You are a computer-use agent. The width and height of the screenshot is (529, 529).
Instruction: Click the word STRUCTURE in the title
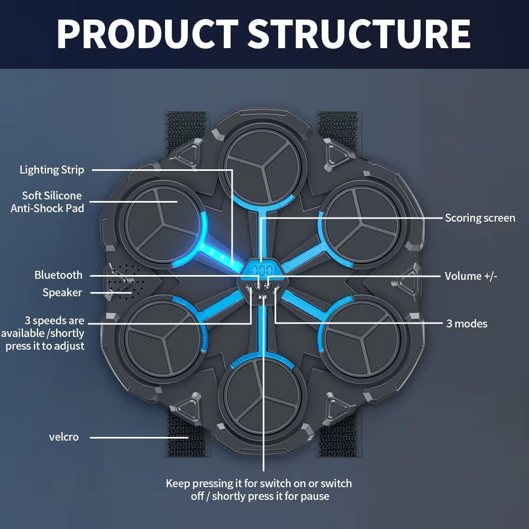(359, 34)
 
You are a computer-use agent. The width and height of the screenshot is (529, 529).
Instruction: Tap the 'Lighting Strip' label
(52, 170)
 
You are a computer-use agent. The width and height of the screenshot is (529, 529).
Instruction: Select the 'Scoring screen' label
(480, 218)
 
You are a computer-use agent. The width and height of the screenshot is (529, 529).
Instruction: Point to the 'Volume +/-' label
(471, 276)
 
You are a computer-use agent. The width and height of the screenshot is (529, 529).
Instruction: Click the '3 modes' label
(467, 324)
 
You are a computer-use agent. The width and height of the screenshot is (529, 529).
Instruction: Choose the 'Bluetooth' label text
(58, 275)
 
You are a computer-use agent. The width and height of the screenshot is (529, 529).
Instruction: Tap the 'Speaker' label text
(62, 293)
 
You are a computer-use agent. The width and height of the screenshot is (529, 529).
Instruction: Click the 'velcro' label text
(64, 437)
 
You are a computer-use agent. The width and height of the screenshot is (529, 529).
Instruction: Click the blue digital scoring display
(262, 270)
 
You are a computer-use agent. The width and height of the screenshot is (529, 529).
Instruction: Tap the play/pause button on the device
(262, 297)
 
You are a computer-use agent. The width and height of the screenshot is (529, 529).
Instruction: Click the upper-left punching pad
(161, 223)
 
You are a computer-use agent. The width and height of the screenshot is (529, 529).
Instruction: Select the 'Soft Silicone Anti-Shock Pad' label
(47, 202)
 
